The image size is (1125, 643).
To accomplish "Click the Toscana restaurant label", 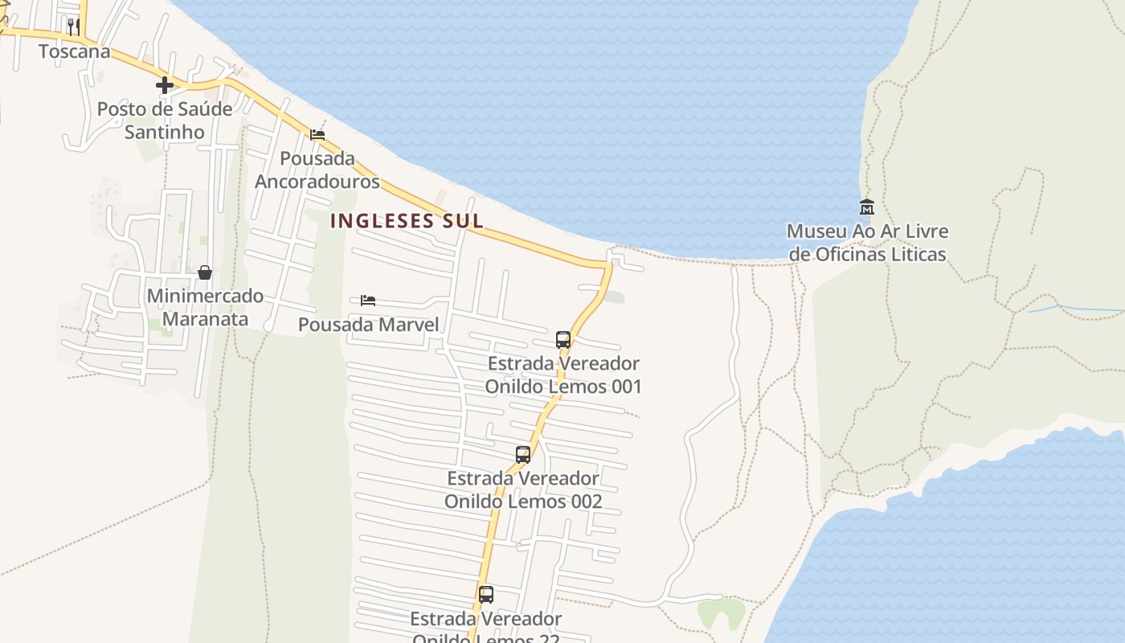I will coord(75,51).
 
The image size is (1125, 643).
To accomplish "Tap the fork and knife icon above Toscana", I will coord(74,27).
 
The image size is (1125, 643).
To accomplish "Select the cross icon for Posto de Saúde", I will coord(165,85).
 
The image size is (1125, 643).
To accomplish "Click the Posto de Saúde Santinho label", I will coord(165,120).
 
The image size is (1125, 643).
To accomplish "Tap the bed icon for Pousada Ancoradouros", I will coord(317,134).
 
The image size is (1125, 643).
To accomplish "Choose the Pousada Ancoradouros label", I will coord(317,170).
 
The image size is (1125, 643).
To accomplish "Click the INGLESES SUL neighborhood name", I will coord(407,221).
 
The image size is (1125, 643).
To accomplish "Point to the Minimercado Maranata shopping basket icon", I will coord(205,272).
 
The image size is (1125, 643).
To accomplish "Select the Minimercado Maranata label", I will coord(205,307).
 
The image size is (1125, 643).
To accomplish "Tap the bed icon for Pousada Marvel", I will coord(368,301).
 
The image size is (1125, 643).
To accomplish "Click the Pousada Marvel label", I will coord(368,325).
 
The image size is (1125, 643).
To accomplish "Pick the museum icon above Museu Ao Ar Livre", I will coord(866,207).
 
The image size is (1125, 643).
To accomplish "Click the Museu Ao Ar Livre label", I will coord(867,243).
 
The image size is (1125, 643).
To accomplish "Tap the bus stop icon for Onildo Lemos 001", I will coord(563,339).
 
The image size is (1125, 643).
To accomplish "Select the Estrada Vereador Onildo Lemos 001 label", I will coord(563,375).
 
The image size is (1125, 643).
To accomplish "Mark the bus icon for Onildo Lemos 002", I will coord(523,455).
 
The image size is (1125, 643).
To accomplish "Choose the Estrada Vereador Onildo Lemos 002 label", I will coord(523,489).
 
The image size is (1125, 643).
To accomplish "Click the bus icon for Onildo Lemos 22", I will coord(486,595).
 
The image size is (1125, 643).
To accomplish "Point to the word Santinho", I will coord(164,132).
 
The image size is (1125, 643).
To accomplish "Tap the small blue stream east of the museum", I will coord(1077,308).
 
